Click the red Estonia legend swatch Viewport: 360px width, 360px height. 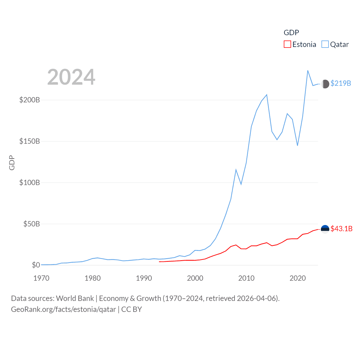pyautogui.click(x=287, y=44)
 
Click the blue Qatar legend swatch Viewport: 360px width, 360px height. pyautogui.click(x=325, y=44)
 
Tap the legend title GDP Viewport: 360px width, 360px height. pyautogui.click(x=291, y=33)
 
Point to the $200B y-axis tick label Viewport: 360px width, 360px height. pyautogui.click(x=30, y=100)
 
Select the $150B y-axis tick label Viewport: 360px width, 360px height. pyautogui.click(x=30, y=141)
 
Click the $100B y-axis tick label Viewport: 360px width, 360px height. pyautogui.click(x=30, y=183)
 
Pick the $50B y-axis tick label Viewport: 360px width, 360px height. pyautogui.click(x=31, y=224)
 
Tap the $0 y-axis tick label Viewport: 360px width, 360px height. pyautogui.click(x=36, y=265)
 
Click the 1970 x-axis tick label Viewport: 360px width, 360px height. pyautogui.click(x=41, y=278)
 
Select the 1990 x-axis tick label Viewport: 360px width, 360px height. pyautogui.click(x=144, y=278)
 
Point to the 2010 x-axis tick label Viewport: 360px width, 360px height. pyautogui.click(x=246, y=278)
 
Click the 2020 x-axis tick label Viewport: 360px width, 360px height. pyautogui.click(x=298, y=278)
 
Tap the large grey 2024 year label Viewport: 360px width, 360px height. pyautogui.click(x=71, y=77)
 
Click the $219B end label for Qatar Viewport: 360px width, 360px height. pyautogui.click(x=341, y=83)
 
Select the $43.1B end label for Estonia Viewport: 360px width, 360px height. pyautogui.click(x=341, y=229)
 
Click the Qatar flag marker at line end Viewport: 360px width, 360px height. pyautogui.click(x=325, y=84)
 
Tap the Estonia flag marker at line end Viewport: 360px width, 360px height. pyautogui.click(x=325, y=229)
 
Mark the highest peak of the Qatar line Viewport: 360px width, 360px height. pyautogui.click(x=308, y=71)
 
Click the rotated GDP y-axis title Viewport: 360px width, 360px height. pyautogui.click(x=12, y=163)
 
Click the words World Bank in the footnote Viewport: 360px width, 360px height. pyautogui.click(x=75, y=298)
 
